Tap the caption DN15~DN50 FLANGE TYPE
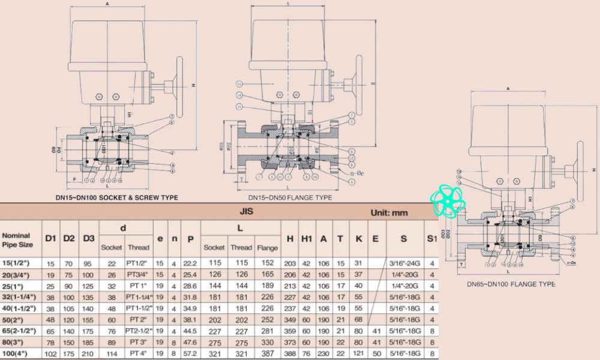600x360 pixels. click(x=290, y=197)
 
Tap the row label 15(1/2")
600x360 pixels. click(x=18, y=263)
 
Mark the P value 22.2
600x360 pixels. click(x=190, y=263)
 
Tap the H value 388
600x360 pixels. click(x=290, y=354)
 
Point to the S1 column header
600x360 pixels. click(x=431, y=239)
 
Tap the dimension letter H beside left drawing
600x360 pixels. click(x=194, y=86)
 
